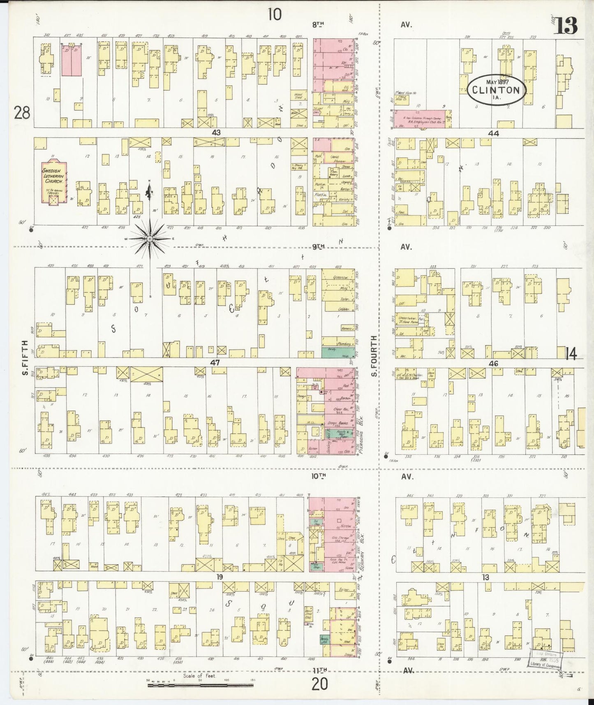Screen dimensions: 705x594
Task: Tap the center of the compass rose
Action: [x=150, y=239]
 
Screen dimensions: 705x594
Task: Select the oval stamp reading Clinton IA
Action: [x=496, y=88]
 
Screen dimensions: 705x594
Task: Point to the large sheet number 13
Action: [x=566, y=26]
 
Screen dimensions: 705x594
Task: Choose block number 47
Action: [x=215, y=363]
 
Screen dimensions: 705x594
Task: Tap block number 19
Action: [x=220, y=577]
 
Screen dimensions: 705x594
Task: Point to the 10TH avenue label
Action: [x=319, y=476]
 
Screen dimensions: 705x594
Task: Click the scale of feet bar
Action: [x=200, y=685]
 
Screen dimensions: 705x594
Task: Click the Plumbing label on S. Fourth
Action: [x=343, y=343]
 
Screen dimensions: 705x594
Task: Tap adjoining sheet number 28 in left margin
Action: [x=21, y=112]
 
